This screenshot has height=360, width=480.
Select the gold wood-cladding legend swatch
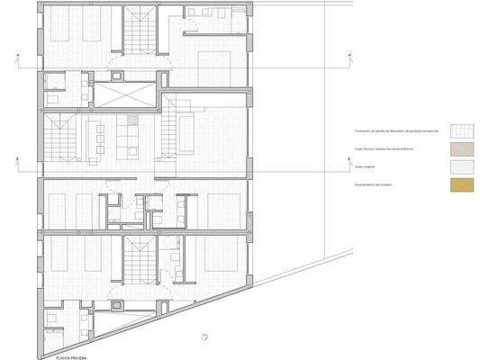click(x=461, y=185)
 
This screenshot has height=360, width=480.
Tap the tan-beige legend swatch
click(x=461, y=148)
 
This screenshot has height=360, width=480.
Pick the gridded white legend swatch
click(x=461, y=130)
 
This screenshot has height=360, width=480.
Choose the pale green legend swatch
click(x=461, y=166)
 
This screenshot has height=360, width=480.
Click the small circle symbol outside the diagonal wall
click(x=204, y=337)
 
